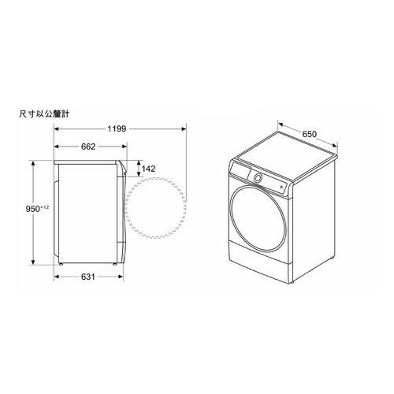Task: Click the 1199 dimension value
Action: (117, 128)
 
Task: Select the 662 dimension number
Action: (88, 147)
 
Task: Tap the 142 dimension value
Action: (148, 169)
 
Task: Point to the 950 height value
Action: (32, 209)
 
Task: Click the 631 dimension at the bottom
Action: (88, 277)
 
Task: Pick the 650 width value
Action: (310, 134)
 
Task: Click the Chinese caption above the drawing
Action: (44, 114)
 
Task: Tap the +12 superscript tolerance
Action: (44, 207)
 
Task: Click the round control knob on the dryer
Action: (258, 178)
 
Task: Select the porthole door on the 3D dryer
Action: (257, 218)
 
